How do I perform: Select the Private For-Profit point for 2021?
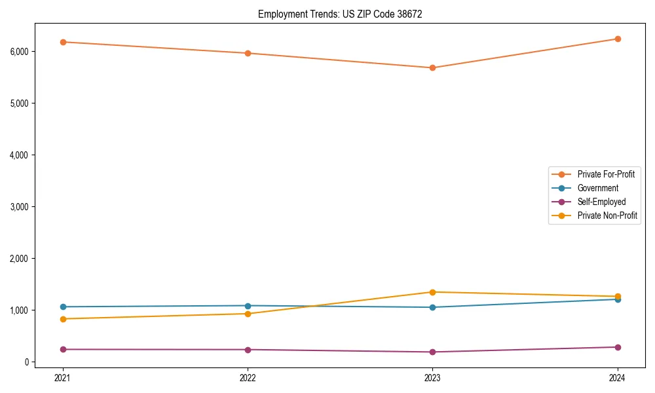63,42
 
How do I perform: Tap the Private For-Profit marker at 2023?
432,67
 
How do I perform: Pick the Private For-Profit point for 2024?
618,39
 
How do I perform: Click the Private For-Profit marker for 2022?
248,53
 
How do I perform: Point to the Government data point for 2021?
63,307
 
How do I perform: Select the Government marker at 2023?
432,307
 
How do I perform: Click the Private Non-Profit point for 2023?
432,292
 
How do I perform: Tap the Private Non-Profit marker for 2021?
63,319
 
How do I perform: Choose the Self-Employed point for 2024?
618,347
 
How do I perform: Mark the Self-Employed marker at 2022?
248,350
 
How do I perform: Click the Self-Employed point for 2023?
432,352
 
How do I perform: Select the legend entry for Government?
597,188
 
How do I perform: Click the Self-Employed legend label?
601,202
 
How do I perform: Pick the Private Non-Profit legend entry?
607,215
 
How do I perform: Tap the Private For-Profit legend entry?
606,174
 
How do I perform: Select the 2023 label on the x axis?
432,377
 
